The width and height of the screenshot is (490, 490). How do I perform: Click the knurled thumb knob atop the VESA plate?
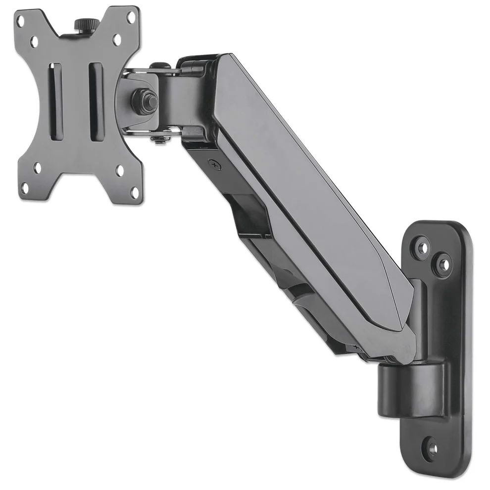[81, 24]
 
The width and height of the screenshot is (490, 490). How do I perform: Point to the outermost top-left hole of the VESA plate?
[20, 21]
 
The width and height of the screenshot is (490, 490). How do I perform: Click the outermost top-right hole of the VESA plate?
[131, 16]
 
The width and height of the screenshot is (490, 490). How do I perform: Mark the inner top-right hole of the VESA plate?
[117, 39]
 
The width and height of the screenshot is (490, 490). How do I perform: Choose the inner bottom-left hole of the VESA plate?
[38, 168]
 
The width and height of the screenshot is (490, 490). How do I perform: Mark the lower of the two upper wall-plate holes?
[442, 264]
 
